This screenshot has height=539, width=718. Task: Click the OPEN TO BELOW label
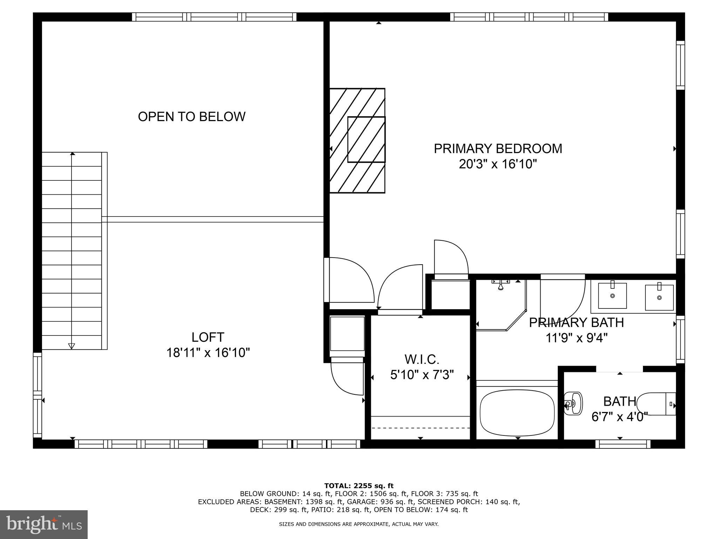tap(191, 117)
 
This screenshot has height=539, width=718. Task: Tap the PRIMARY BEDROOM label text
tap(498, 148)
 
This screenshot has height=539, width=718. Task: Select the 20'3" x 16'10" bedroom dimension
tap(498, 164)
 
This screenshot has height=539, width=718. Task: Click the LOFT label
tap(208, 337)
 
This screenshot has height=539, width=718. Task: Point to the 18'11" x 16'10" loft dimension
tap(208, 353)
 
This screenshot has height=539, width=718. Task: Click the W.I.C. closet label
tap(421, 359)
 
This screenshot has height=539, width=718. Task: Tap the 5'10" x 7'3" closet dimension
tap(421, 375)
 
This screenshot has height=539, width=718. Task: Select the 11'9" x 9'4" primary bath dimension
tap(576, 338)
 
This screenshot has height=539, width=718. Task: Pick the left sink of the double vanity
tap(612, 295)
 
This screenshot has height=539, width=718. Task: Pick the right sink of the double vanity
tap(659, 297)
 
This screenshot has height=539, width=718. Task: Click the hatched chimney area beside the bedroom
tap(357, 140)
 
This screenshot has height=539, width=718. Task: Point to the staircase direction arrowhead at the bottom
tap(72, 346)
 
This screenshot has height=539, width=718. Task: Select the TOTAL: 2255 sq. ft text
tap(359, 486)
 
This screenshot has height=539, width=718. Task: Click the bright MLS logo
tap(43, 524)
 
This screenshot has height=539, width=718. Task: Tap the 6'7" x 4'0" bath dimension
tap(619, 417)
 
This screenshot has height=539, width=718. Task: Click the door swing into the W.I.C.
tap(400, 288)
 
